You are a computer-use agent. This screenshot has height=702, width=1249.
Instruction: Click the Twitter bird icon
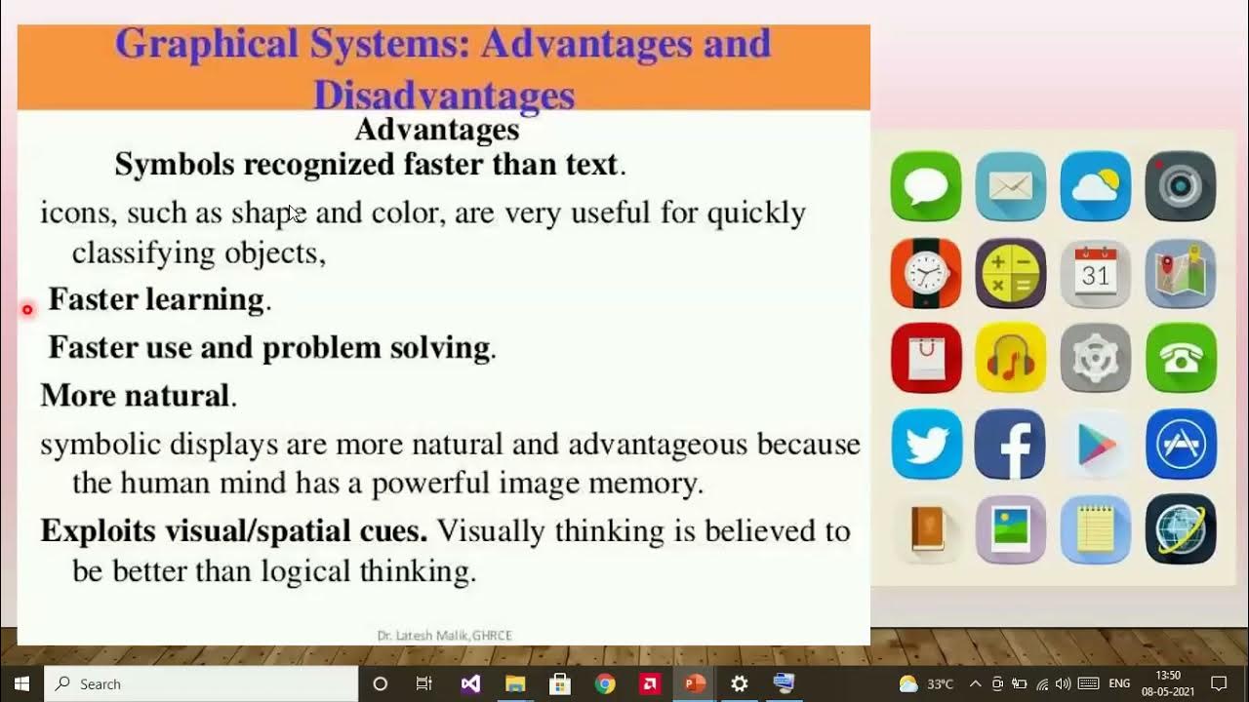[x=926, y=444]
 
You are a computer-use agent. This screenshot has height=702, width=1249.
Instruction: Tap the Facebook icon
[x=1010, y=444]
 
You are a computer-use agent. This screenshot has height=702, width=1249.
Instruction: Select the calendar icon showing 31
[x=1096, y=274]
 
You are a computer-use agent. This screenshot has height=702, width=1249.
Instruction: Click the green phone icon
[x=1181, y=358]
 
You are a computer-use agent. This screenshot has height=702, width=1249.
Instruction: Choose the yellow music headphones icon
[x=1010, y=358]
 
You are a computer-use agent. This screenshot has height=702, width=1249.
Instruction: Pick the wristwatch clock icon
[x=926, y=274]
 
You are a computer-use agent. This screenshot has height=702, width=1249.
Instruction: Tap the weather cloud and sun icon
[x=1096, y=186]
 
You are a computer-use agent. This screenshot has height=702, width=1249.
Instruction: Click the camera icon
[x=1181, y=186]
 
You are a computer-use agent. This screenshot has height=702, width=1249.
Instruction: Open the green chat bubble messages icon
[x=926, y=186]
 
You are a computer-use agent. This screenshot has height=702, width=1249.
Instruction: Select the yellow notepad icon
[x=1096, y=529]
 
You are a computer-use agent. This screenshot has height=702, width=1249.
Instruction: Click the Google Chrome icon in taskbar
[x=605, y=683]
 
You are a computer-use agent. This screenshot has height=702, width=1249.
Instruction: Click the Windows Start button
[x=21, y=683]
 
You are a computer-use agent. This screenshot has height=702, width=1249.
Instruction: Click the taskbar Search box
[x=200, y=683]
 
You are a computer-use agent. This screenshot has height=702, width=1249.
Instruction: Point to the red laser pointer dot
[x=27, y=310]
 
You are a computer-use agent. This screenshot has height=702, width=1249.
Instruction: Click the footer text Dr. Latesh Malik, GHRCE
[x=444, y=636]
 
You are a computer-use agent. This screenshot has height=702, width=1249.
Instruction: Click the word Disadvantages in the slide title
[x=443, y=96]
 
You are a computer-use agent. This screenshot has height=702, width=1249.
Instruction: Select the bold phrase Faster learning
[x=156, y=299]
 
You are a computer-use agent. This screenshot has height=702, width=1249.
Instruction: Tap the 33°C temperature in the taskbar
[x=940, y=684]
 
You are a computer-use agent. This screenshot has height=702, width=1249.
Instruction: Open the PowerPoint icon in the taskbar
[x=695, y=683]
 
